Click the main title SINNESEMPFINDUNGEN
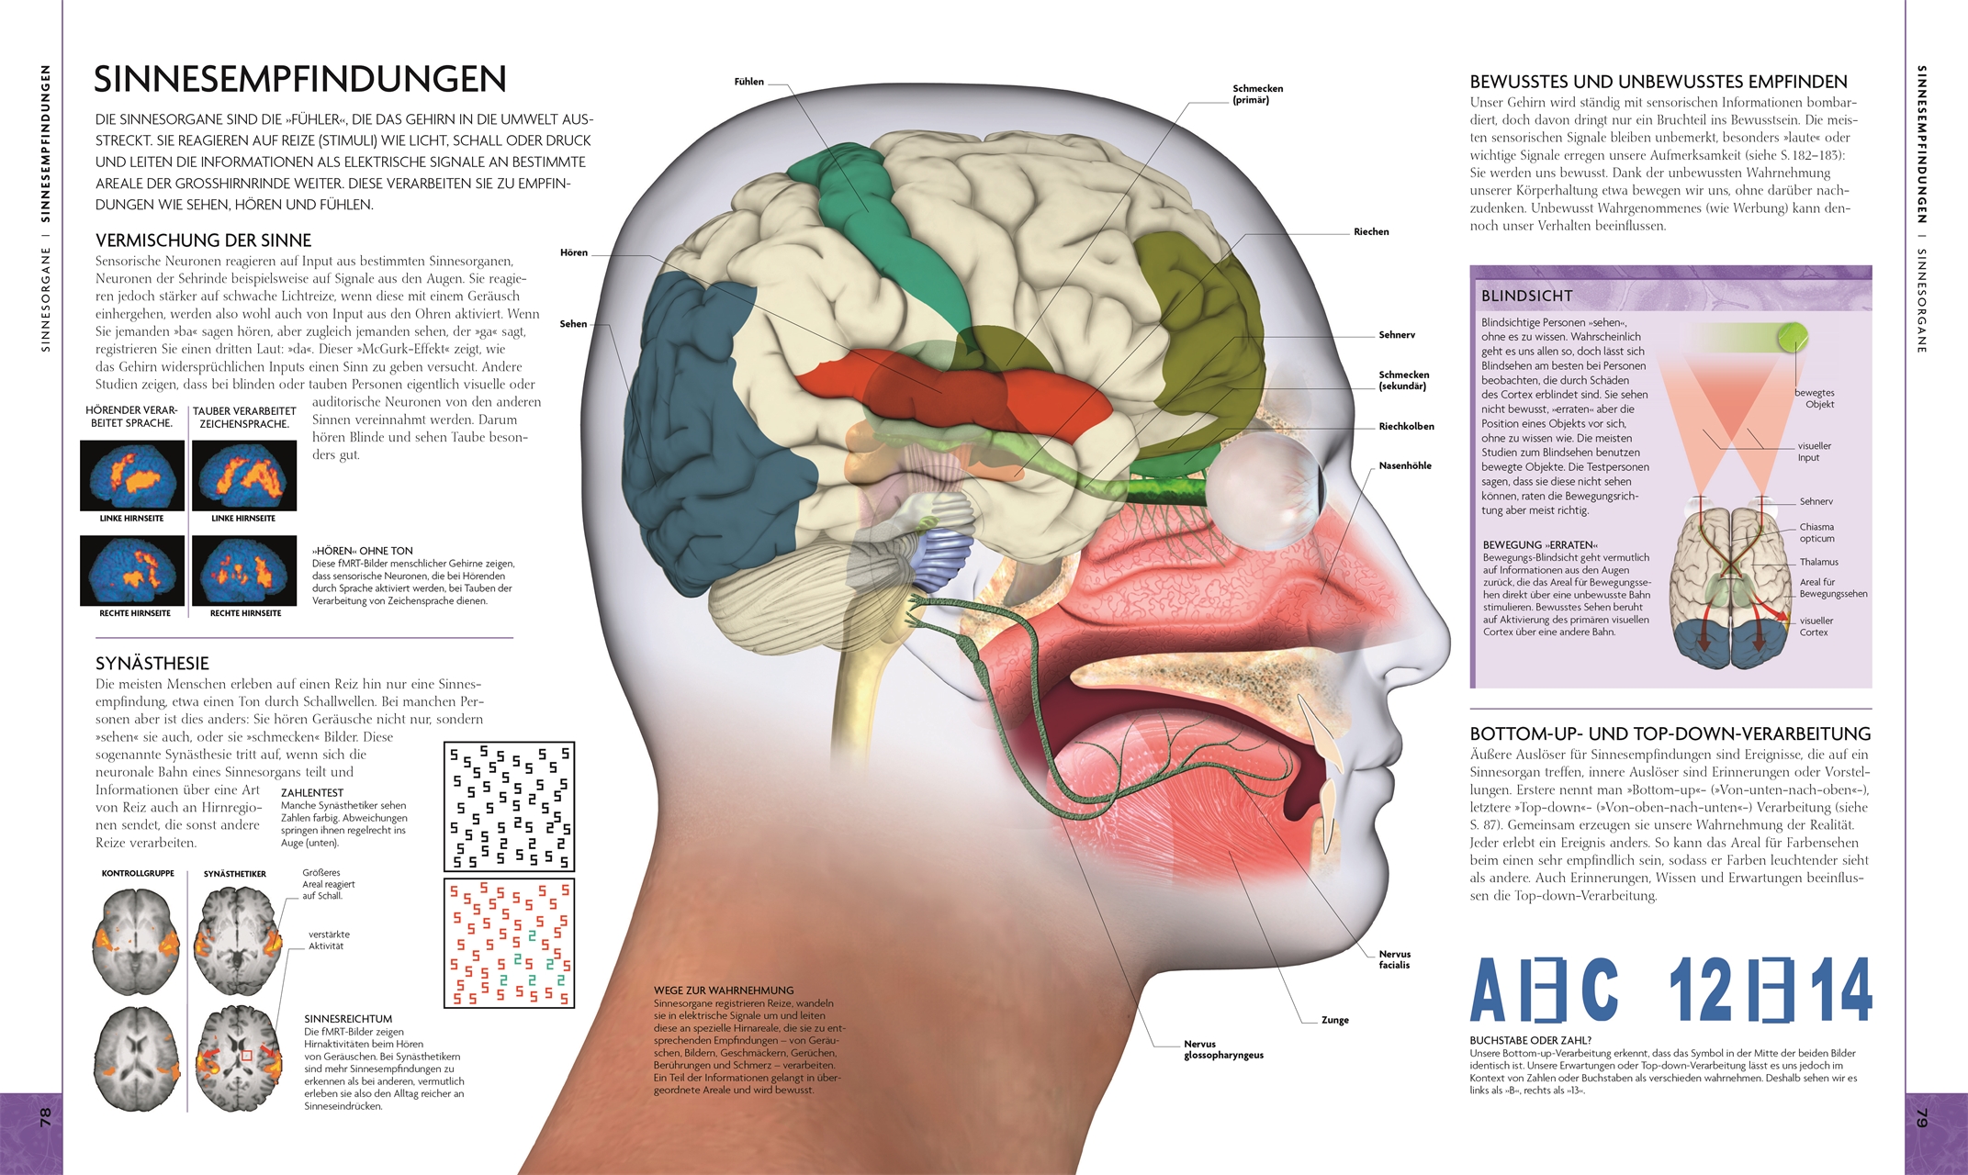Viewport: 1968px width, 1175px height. tap(300, 79)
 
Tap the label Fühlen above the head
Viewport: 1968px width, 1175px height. tap(748, 82)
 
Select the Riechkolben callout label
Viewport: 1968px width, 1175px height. tap(1406, 426)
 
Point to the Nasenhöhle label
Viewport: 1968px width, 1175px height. tap(1405, 465)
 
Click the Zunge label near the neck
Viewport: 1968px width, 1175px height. tap(1334, 1020)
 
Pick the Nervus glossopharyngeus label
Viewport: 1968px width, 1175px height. tap(1223, 1049)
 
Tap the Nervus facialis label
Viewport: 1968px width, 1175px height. tap(1394, 959)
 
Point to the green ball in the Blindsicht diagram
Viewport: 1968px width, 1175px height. tap(1792, 337)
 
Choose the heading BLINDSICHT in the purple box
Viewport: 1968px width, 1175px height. tap(1526, 296)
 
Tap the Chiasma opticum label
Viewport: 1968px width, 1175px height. tap(1816, 532)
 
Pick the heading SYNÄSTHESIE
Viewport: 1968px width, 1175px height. tap(152, 663)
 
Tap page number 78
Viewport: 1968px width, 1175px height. tap(45, 1117)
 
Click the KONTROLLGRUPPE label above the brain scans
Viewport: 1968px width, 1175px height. tap(138, 874)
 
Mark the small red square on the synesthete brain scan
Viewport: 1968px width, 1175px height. tap(246, 1057)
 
